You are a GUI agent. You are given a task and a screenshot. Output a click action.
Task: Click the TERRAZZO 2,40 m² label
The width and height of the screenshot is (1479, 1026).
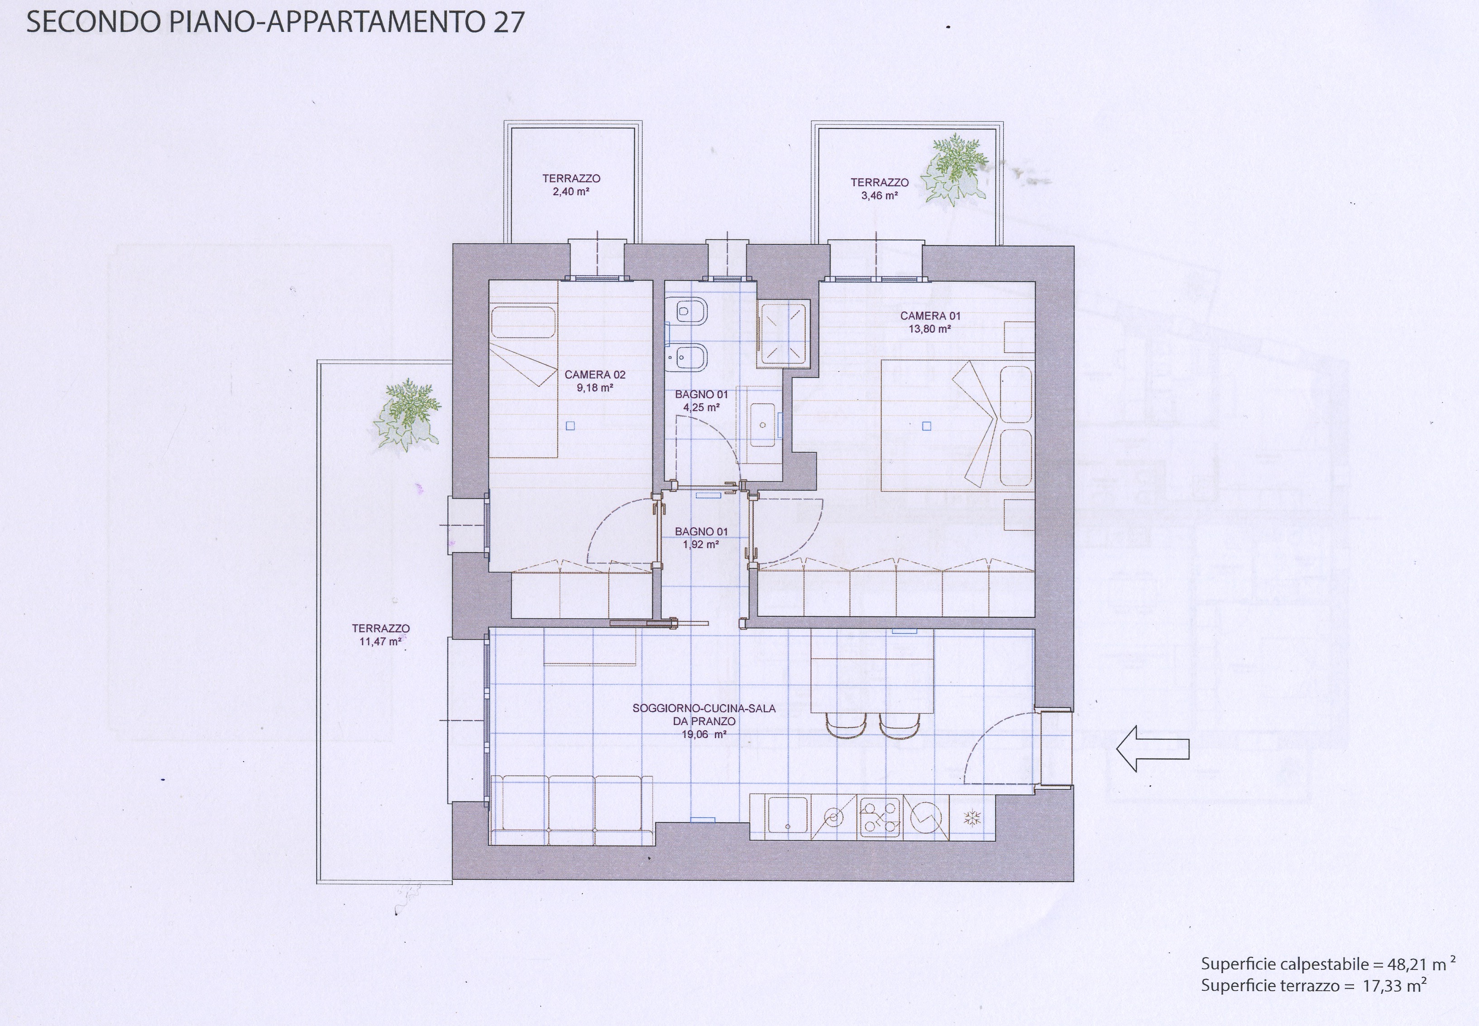[571, 185]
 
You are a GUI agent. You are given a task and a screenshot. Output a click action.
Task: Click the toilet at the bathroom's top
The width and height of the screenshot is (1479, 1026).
[687, 312]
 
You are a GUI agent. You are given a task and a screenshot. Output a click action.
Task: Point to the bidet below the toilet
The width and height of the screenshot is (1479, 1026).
[687, 358]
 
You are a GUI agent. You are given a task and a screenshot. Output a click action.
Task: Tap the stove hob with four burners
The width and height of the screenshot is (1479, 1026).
[881, 817]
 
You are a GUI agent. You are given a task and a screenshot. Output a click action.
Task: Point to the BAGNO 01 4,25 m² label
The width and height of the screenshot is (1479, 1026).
[701, 401]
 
